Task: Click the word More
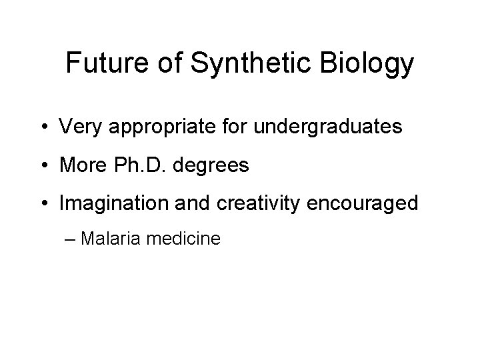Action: click(81, 165)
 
